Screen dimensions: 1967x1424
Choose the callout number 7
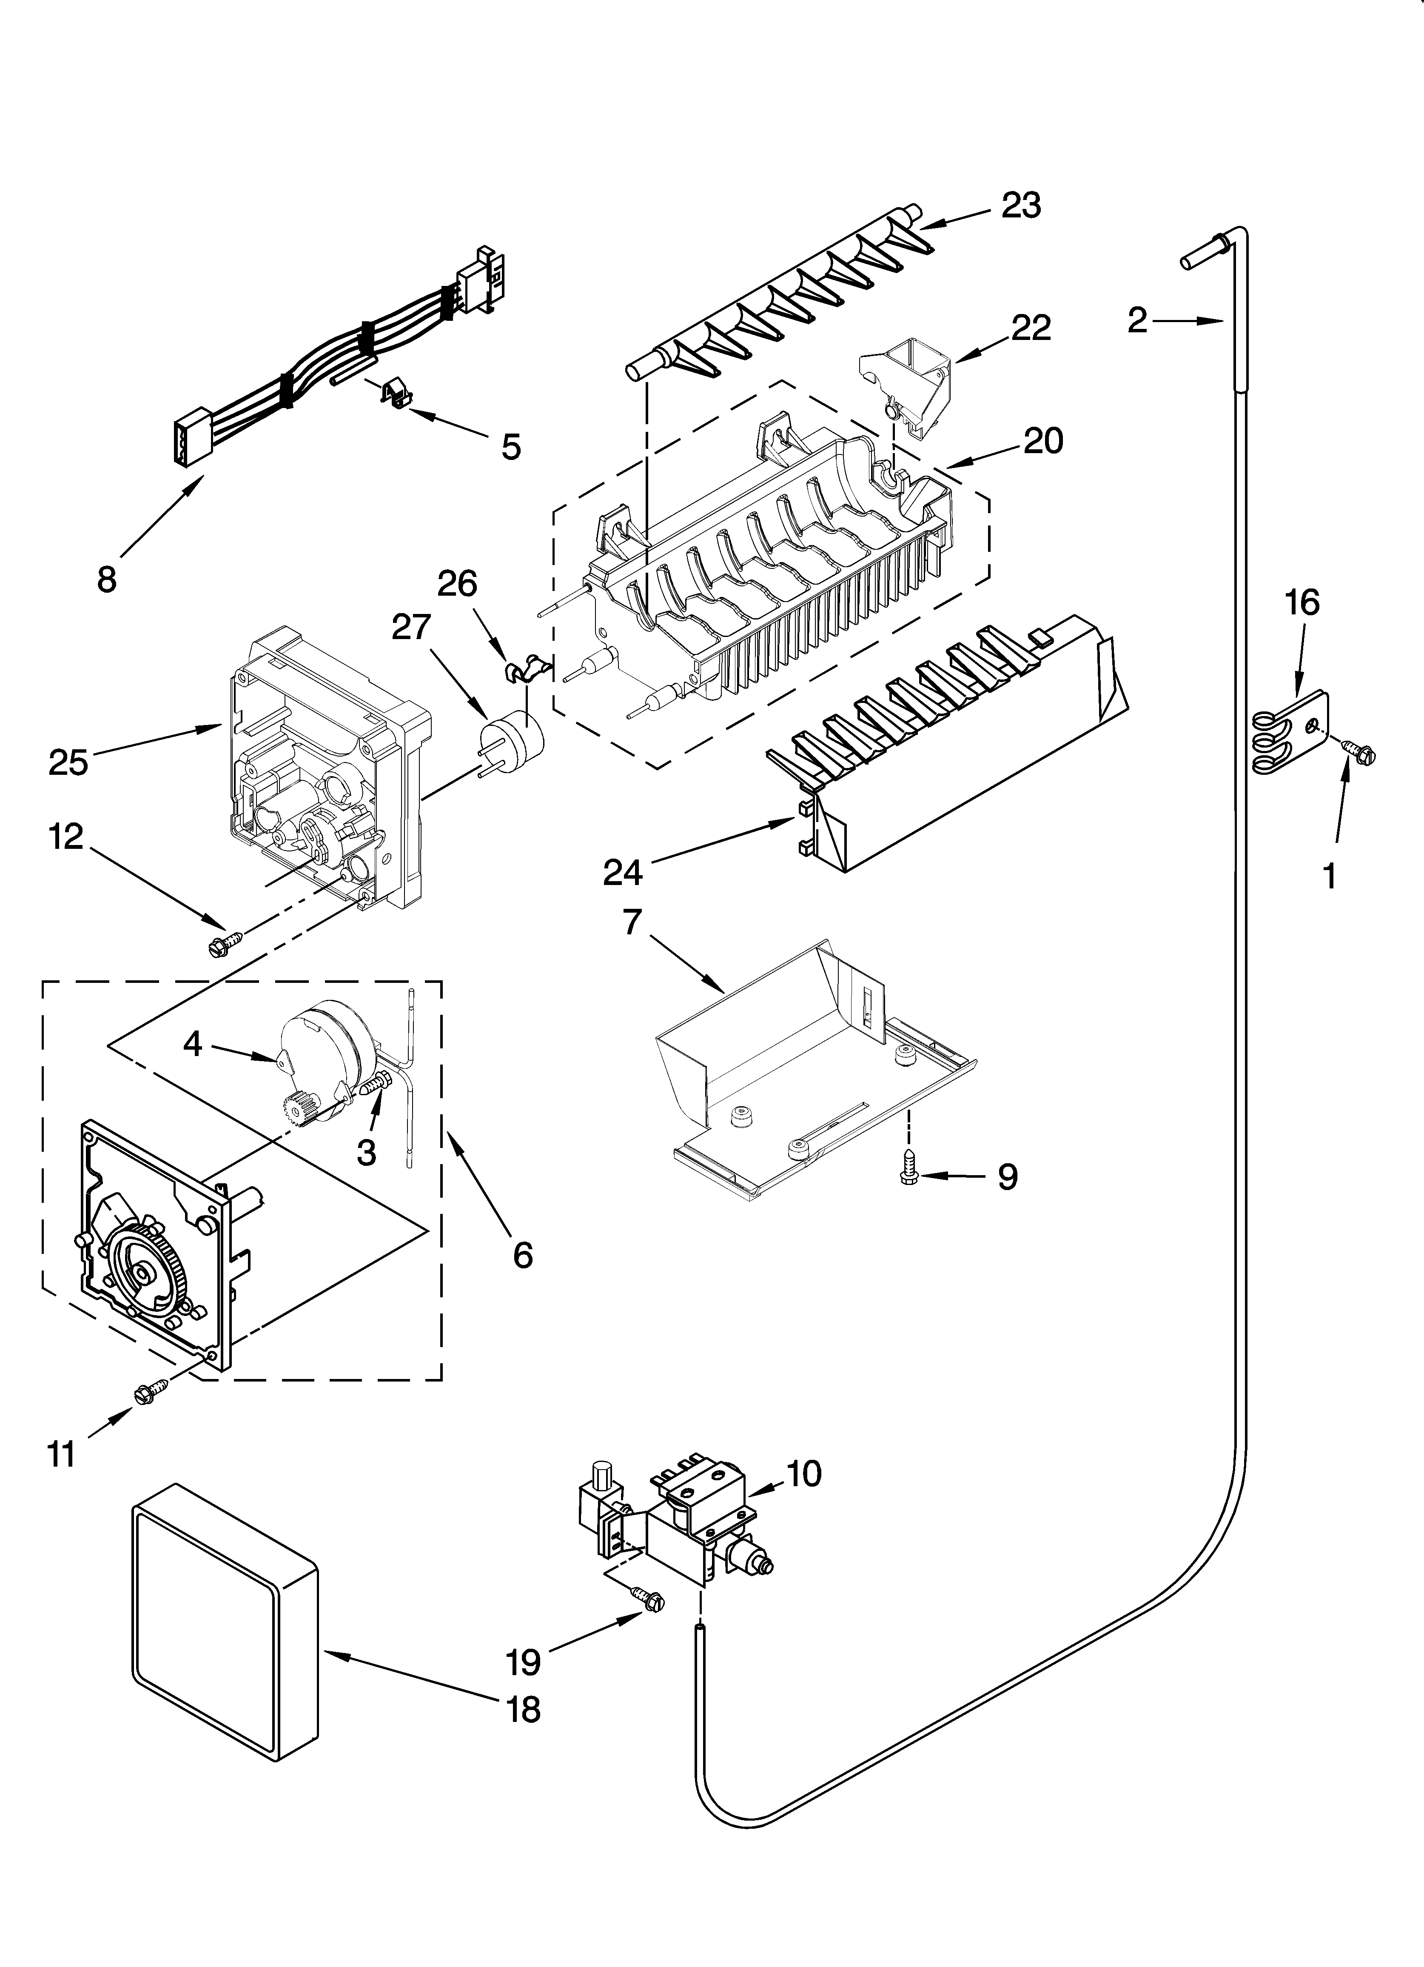click(x=632, y=923)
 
